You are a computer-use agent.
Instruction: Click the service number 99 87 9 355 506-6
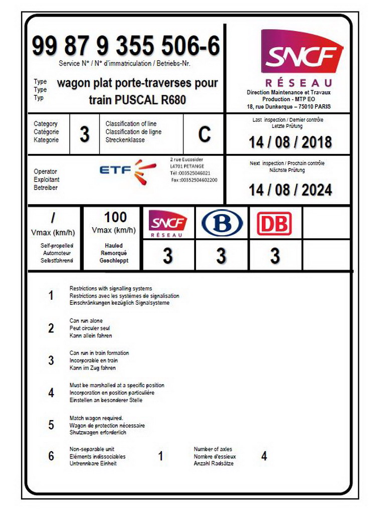point(126,46)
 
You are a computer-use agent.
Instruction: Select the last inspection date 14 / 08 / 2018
point(290,142)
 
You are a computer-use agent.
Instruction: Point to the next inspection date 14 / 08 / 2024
point(290,190)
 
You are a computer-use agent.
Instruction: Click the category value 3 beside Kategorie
point(85,134)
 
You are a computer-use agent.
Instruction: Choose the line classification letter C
point(205,134)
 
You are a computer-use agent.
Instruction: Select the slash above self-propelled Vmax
point(53,218)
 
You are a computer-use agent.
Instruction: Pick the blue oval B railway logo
point(222,223)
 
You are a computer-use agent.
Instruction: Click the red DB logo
point(274,223)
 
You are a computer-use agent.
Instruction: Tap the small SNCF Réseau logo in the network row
point(168,223)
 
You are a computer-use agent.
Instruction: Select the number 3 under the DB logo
point(275,256)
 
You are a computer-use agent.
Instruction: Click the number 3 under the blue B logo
point(221,256)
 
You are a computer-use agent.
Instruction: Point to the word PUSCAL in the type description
point(136,100)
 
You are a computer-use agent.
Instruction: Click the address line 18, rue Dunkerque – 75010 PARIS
point(289,107)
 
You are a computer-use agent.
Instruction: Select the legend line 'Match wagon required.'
point(96,418)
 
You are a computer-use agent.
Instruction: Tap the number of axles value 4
point(264,456)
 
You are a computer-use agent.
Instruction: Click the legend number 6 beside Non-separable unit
point(51,456)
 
